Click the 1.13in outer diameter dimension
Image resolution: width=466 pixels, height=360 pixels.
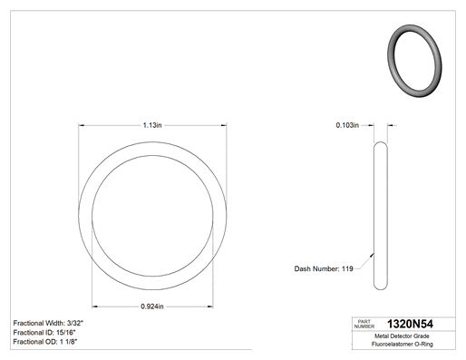pos(152,125)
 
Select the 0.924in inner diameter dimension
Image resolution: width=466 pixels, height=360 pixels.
pos(152,306)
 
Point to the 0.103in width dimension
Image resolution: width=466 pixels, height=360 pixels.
pos(347,125)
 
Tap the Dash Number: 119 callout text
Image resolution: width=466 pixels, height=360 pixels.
pos(324,268)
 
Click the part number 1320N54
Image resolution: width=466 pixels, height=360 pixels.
pos(410,324)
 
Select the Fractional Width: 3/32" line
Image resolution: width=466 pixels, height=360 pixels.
pos(48,323)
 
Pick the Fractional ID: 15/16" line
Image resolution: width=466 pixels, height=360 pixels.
pos(44,333)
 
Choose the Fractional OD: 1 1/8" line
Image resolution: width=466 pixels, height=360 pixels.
pos(45,342)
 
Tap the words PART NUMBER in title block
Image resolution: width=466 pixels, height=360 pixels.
pos(364,324)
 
